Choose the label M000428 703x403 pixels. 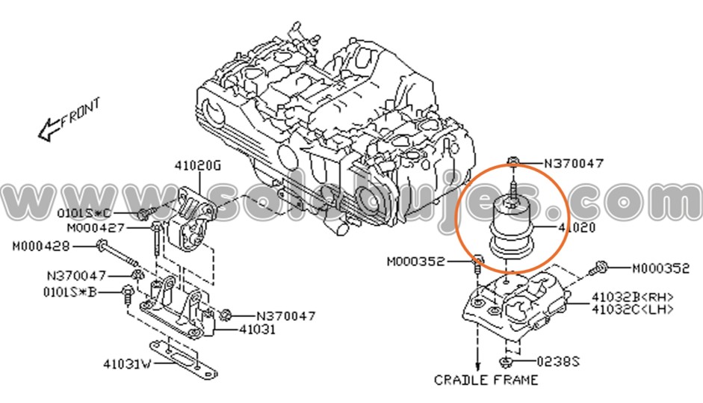coord(41,245)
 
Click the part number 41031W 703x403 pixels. coord(127,365)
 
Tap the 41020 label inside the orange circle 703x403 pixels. coord(577,227)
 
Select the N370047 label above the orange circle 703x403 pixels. coord(574,161)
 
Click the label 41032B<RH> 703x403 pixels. coord(632,296)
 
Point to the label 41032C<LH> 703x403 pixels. coord(632,308)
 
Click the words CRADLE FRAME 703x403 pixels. coord(486,380)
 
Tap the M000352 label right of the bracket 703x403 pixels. coord(660,267)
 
